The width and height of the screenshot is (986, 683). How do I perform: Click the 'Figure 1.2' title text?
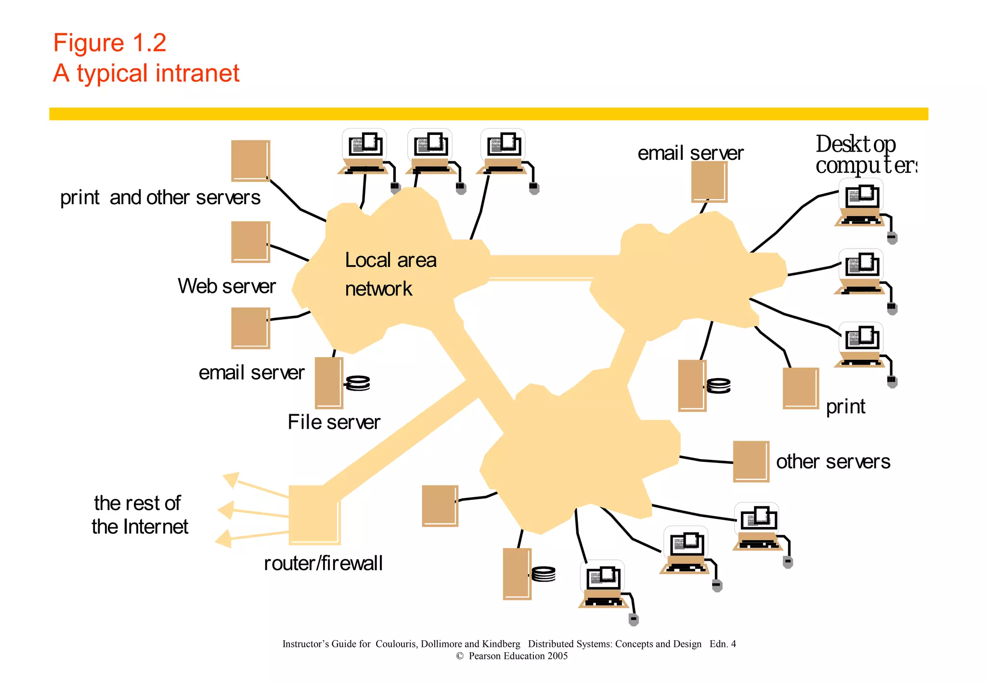point(109,43)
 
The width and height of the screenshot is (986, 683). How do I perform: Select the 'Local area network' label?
point(390,274)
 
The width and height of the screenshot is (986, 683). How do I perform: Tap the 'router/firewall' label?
point(323,563)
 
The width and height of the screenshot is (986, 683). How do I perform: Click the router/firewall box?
point(314,515)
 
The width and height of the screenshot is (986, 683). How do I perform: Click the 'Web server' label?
point(226,286)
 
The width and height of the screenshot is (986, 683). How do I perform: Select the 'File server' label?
point(334,422)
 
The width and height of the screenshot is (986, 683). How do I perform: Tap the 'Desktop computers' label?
point(862,155)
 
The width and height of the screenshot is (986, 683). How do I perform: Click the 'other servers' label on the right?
point(833,461)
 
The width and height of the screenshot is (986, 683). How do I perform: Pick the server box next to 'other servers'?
point(751,461)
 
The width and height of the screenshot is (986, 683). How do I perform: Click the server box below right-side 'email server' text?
point(709,182)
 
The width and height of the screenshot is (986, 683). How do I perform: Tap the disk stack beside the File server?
point(358,383)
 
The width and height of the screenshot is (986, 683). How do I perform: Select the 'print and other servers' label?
point(160,197)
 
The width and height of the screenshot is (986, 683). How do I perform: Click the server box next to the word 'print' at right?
point(800,388)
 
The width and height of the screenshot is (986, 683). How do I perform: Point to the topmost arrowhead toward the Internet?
point(232,479)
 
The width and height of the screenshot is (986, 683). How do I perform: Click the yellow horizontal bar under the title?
point(488,114)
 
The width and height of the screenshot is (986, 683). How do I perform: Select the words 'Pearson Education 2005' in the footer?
point(518,656)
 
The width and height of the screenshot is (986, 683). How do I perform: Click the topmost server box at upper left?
point(250,161)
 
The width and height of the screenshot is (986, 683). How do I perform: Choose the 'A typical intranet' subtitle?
point(146,73)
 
